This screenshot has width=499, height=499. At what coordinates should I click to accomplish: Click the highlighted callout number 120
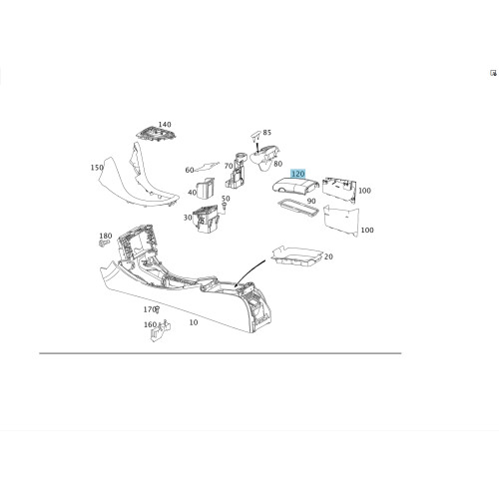(297, 174)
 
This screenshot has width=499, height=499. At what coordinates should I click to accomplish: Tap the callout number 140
(165, 125)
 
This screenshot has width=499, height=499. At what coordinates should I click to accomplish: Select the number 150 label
(97, 168)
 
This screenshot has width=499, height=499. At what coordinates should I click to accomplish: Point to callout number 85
(267, 133)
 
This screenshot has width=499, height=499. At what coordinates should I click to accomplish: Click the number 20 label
(328, 256)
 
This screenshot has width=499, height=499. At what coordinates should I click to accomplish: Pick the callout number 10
(194, 322)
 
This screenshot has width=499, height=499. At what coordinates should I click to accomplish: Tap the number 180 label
(106, 236)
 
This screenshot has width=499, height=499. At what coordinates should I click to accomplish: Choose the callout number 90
(311, 201)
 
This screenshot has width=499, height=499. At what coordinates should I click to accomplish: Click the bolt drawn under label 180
(105, 244)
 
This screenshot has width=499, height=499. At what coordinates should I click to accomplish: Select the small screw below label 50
(225, 207)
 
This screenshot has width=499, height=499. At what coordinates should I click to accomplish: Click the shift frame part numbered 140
(157, 135)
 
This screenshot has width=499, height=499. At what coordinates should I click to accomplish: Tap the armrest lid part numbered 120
(295, 186)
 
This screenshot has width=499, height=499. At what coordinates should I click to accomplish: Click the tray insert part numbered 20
(296, 256)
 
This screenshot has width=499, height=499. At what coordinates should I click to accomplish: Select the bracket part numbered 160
(160, 331)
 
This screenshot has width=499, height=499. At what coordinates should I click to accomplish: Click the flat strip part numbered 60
(207, 167)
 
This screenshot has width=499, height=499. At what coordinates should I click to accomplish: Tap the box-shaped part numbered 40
(206, 189)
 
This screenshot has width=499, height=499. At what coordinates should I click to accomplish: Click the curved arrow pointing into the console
(249, 271)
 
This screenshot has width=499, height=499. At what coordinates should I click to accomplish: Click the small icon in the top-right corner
(493, 73)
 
